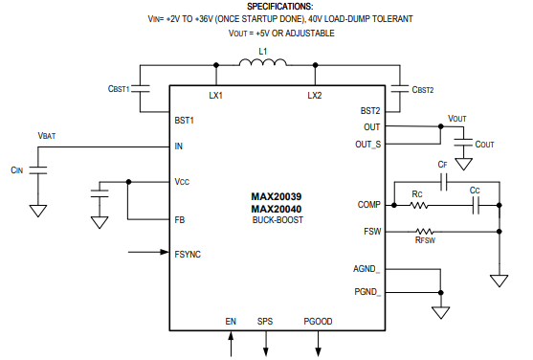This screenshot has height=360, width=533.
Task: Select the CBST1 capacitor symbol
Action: [142, 87]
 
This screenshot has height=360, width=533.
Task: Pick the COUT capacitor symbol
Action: [463, 142]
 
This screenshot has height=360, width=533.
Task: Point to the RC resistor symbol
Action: [418, 205]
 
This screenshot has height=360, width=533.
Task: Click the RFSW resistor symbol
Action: [424, 232]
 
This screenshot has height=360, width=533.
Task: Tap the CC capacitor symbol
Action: [475, 205]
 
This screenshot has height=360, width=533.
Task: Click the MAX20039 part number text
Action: [276, 196]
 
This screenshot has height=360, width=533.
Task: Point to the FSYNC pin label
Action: [188, 254]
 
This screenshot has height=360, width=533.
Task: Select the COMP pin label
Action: [368, 205]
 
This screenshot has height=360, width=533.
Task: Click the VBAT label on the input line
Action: [46, 136]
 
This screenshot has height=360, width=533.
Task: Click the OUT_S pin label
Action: [366, 145]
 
